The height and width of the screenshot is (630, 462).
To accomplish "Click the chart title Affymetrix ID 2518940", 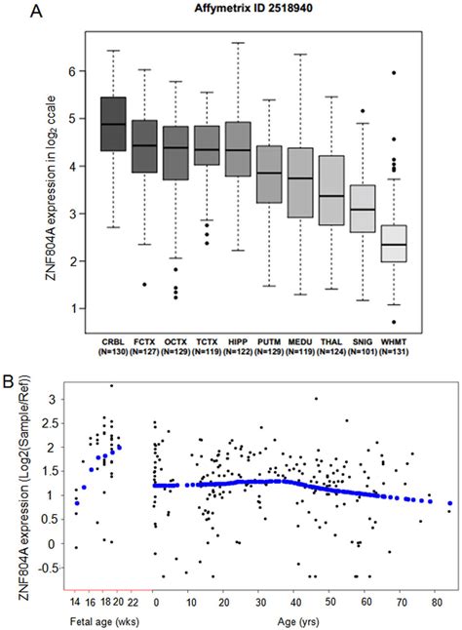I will tap(258, 10).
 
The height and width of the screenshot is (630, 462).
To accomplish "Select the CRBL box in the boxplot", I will tap(114, 124).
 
